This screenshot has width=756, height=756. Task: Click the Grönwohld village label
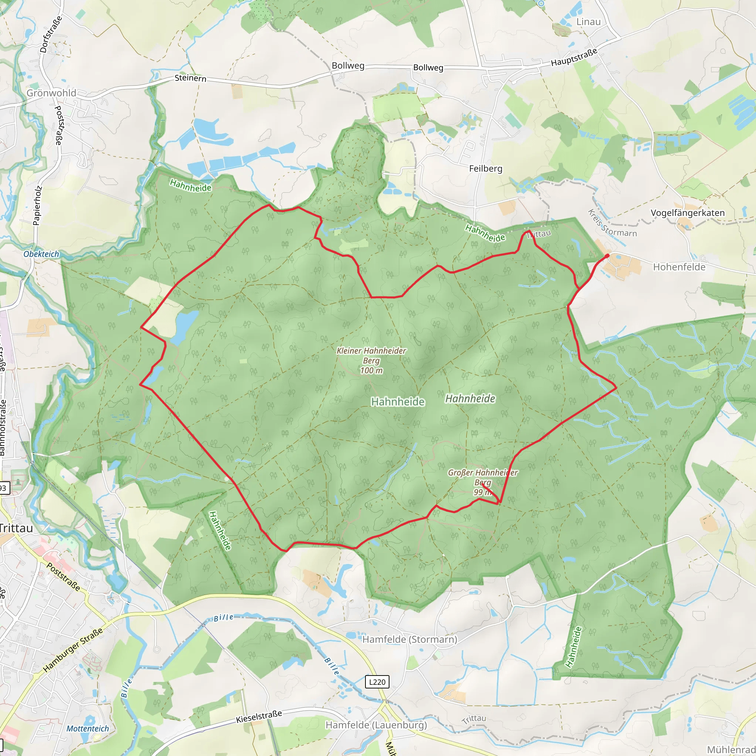click(51, 93)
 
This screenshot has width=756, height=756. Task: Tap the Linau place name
click(588, 22)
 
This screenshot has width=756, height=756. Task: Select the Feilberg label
click(486, 169)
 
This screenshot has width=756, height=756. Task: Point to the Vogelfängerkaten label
click(687, 213)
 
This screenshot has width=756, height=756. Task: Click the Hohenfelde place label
click(679, 267)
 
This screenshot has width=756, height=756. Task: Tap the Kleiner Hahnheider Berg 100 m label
click(371, 360)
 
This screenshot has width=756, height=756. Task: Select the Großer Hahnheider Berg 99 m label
click(482, 482)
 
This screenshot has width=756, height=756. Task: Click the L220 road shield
click(377, 682)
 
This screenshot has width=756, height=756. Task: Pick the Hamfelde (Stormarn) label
click(410, 639)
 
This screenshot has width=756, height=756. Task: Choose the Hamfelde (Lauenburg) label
click(376, 725)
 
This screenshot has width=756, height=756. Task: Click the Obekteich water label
click(41, 254)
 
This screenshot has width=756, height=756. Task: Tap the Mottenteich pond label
click(87, 729)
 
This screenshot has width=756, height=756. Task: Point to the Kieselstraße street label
click(259, 717)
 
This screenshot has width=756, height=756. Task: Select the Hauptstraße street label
click(574, 57)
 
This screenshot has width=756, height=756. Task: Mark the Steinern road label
click(190, 78)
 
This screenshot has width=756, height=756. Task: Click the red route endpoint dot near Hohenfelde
click(607, 256)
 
